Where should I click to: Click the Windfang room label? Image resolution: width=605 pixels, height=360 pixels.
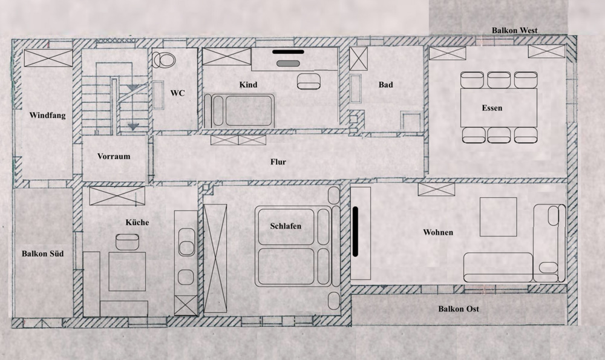tap(47, 115)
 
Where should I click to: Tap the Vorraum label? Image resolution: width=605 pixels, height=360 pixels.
tap(114, 156)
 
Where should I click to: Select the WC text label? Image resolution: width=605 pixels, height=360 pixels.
tap(178, 93)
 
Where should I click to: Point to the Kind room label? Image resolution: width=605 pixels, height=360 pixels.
tap(248, 85)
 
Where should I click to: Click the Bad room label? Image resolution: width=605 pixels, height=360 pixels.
tap(385, 85)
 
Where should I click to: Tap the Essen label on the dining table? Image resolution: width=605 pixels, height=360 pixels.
tap(492, 109)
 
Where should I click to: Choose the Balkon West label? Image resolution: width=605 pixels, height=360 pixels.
tap(514, 31)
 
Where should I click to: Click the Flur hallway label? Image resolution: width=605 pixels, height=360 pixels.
tap(278, 162)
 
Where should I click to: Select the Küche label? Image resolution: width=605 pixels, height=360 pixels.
tap(137, 223)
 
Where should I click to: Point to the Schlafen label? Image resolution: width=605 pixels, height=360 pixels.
tap(286, 226)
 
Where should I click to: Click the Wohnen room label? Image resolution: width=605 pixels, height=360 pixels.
tap(438, 232)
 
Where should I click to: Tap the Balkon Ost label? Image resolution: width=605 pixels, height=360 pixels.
tap(459, 309)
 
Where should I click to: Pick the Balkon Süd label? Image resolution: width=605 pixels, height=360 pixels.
tap(43, 254)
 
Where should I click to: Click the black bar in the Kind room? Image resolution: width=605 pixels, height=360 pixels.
tap(288, 53)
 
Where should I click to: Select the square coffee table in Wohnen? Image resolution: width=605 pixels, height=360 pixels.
tap(499, 217)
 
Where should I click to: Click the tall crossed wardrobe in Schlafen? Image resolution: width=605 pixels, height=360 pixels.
tap(215, 258)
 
